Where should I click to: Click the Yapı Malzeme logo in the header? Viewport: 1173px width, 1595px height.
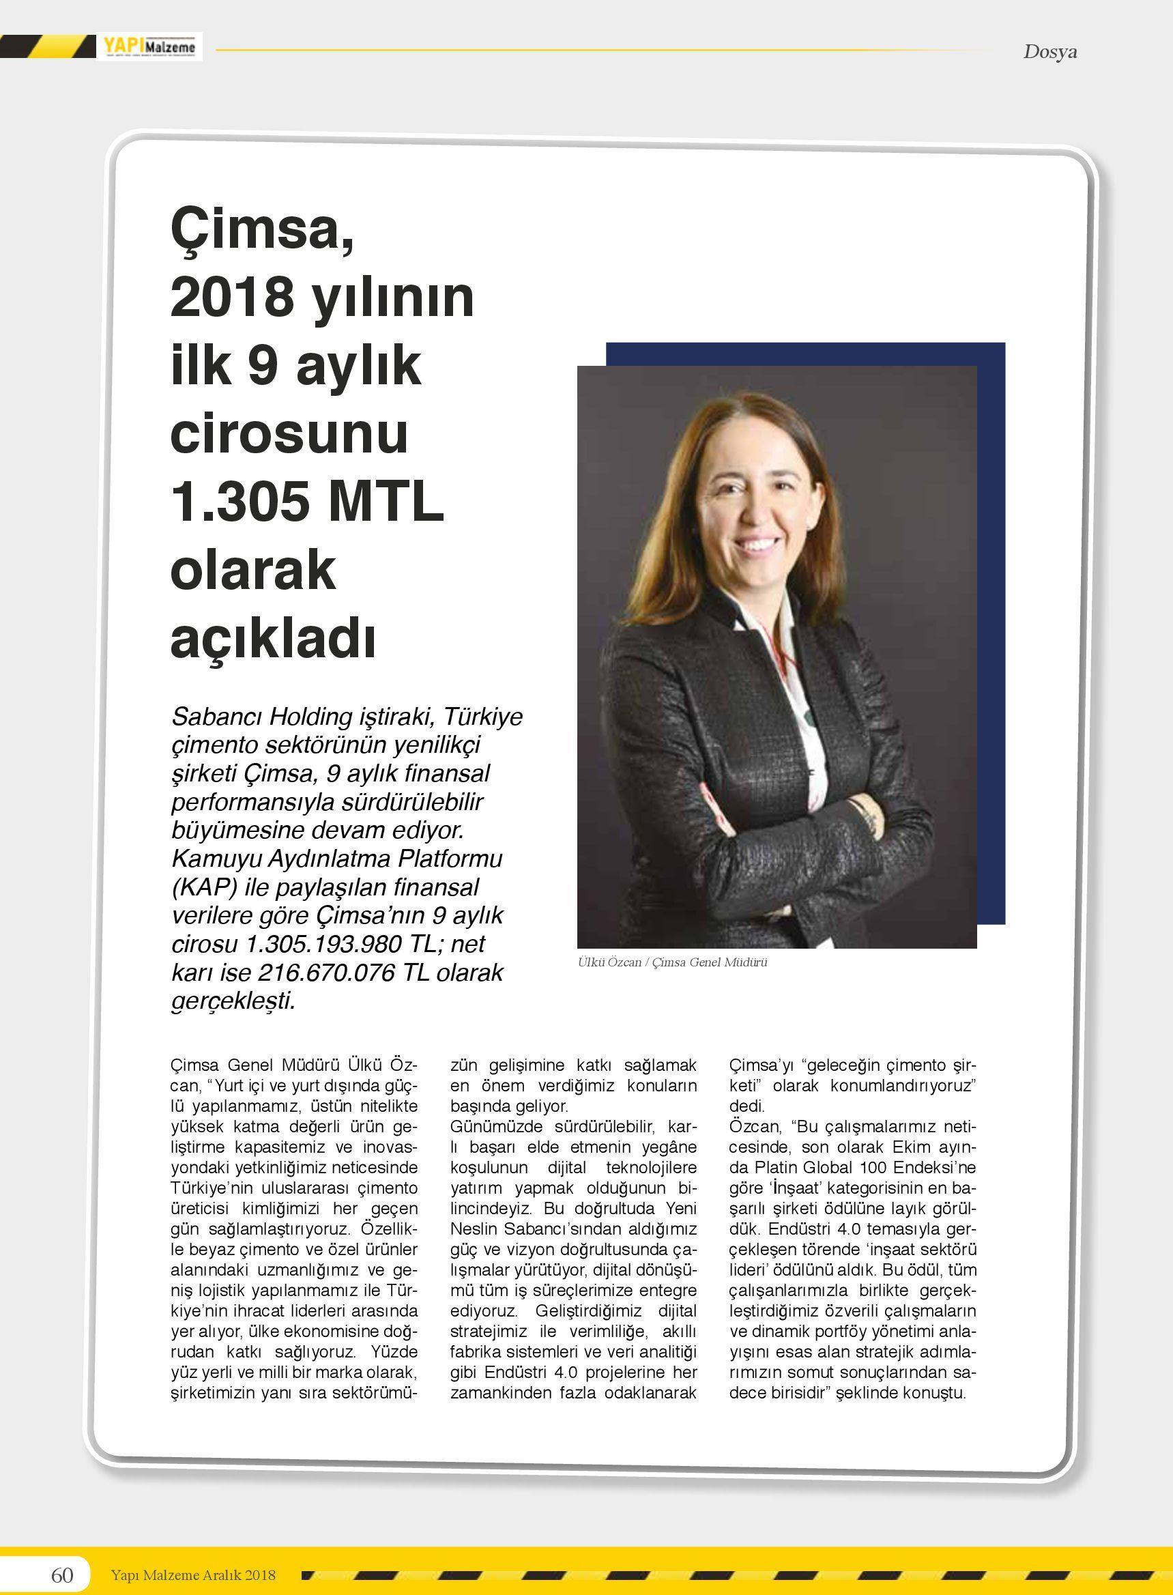[149, 47]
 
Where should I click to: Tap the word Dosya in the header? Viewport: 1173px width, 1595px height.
[1049, 52]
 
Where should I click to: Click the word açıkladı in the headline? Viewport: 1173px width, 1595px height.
[273, 637]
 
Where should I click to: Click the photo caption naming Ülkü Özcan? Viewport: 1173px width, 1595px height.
[671, 962]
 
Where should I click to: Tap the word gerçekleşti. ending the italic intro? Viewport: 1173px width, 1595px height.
[233, 1001]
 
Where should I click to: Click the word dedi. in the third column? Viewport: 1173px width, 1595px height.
[747, 1106]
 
